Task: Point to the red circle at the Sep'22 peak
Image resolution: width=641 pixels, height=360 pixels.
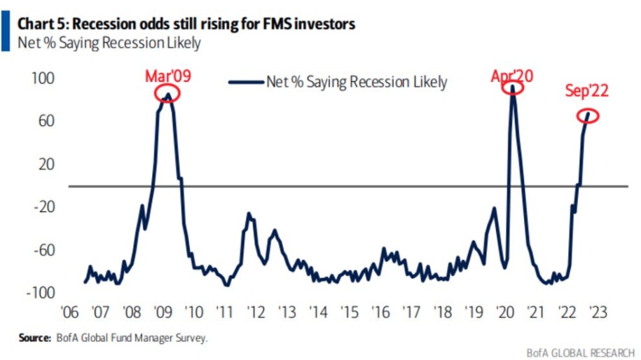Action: (588, 114)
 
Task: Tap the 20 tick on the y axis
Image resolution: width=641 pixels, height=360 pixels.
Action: (46, 164)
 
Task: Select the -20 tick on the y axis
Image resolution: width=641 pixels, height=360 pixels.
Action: (43, 207)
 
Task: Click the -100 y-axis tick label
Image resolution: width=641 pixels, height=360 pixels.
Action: (41, 293)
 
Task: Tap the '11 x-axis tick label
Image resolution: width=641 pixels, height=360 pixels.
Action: (223, 312)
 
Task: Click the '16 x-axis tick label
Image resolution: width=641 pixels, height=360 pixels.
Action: (380, 312)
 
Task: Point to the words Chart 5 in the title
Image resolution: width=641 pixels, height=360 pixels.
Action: (43, 25)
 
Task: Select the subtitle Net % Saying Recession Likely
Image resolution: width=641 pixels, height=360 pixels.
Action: (109, 43)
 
